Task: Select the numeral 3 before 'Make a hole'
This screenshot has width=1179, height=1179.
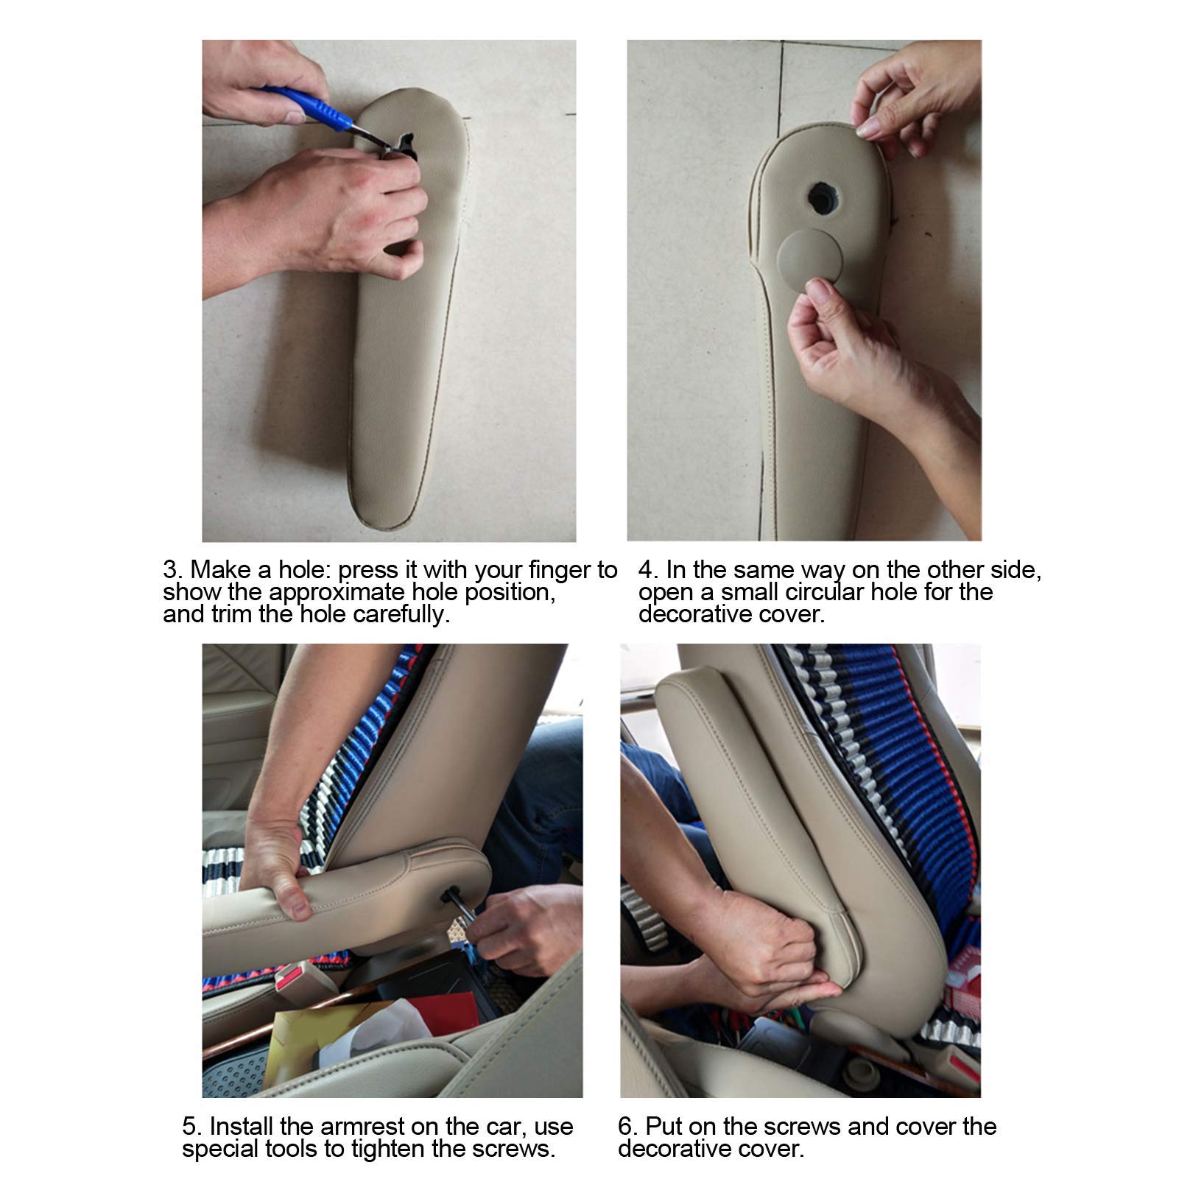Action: click(x=170, y=570)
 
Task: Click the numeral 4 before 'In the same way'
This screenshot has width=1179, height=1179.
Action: click(x=646, y=570)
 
